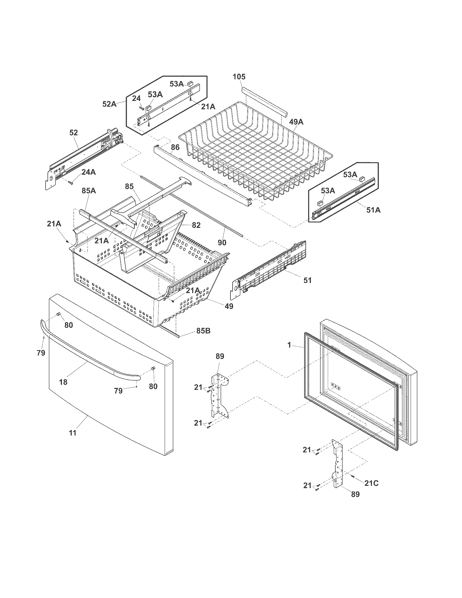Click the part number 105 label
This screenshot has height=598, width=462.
[x=239, y=77]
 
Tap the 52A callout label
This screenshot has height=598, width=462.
[x=109, y=104]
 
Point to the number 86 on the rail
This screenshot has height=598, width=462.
[x=175, y=148]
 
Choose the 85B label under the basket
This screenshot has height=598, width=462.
[x=203, y=331]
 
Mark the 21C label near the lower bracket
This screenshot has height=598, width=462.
[x=372, y=483]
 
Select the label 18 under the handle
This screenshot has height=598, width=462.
[x=63, y=382]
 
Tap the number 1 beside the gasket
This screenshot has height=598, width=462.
[x=289, y=345]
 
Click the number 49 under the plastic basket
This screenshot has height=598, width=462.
[x=229, y=306]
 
